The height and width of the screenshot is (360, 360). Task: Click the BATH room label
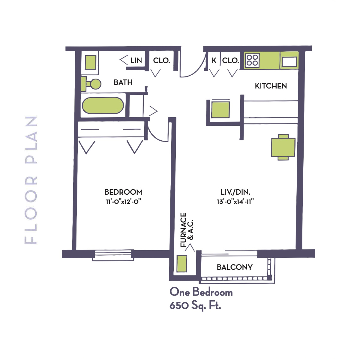(123, 82)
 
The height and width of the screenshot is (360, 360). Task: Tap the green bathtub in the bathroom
(103, 105)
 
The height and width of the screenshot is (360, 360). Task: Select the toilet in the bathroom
(91, 84)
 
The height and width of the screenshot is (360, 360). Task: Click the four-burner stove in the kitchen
(252, 60)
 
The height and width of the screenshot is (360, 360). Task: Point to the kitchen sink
(289, 62)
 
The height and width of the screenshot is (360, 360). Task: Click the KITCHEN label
(271, 86)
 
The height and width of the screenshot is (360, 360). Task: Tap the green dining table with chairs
(283, 147)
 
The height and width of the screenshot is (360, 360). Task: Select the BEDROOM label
(124, 192)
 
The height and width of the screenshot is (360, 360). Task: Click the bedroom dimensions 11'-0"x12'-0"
(123, 202)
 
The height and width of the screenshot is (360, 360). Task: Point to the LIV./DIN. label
(235, 192)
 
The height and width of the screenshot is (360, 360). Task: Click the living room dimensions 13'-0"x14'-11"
(235, 202)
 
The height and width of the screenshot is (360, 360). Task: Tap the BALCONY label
(235, 267)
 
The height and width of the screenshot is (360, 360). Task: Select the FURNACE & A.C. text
(187, 230)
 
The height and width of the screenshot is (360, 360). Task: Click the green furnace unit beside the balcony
(182, 264)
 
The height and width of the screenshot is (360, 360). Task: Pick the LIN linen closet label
(136, 61)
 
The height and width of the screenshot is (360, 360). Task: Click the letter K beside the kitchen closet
(214, 61)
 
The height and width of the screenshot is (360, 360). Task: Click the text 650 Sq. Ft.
(195, 306)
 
